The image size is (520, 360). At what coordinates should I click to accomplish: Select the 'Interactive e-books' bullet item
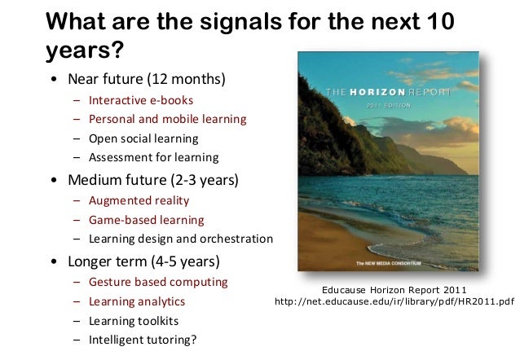(141, 100)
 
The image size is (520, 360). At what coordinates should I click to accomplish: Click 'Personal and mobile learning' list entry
(167, 119)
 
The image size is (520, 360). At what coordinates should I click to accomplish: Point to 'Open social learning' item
(143, 138)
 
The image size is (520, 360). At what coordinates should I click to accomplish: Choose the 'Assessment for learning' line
(153, 156)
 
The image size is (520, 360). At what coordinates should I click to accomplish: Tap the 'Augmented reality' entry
(139, 200)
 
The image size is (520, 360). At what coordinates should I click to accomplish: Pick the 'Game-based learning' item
(147, 220)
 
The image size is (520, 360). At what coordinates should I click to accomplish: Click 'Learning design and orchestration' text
(181, 239)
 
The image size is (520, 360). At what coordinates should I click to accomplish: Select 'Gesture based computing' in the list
(158, 283)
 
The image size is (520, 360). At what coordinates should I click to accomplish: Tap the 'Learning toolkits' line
(134, 321)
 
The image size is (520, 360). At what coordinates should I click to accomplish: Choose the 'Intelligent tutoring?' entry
(143, 340)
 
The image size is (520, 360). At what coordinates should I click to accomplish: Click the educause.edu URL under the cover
(395, 302)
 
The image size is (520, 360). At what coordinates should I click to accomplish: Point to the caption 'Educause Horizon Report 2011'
(395, 288)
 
